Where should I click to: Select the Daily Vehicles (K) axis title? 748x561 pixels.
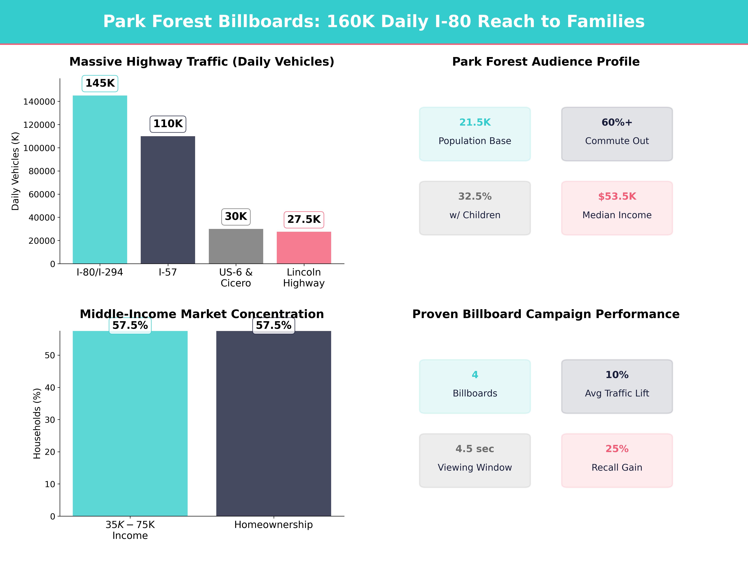pos(15,171)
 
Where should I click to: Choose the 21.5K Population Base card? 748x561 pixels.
pos(475,134)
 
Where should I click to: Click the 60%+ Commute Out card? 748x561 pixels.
pos(617,134)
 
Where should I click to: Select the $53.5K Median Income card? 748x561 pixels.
pos(617,208)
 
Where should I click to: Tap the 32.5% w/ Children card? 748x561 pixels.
pos(475,208)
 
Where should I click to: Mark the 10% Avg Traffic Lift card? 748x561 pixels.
pos(617,386)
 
